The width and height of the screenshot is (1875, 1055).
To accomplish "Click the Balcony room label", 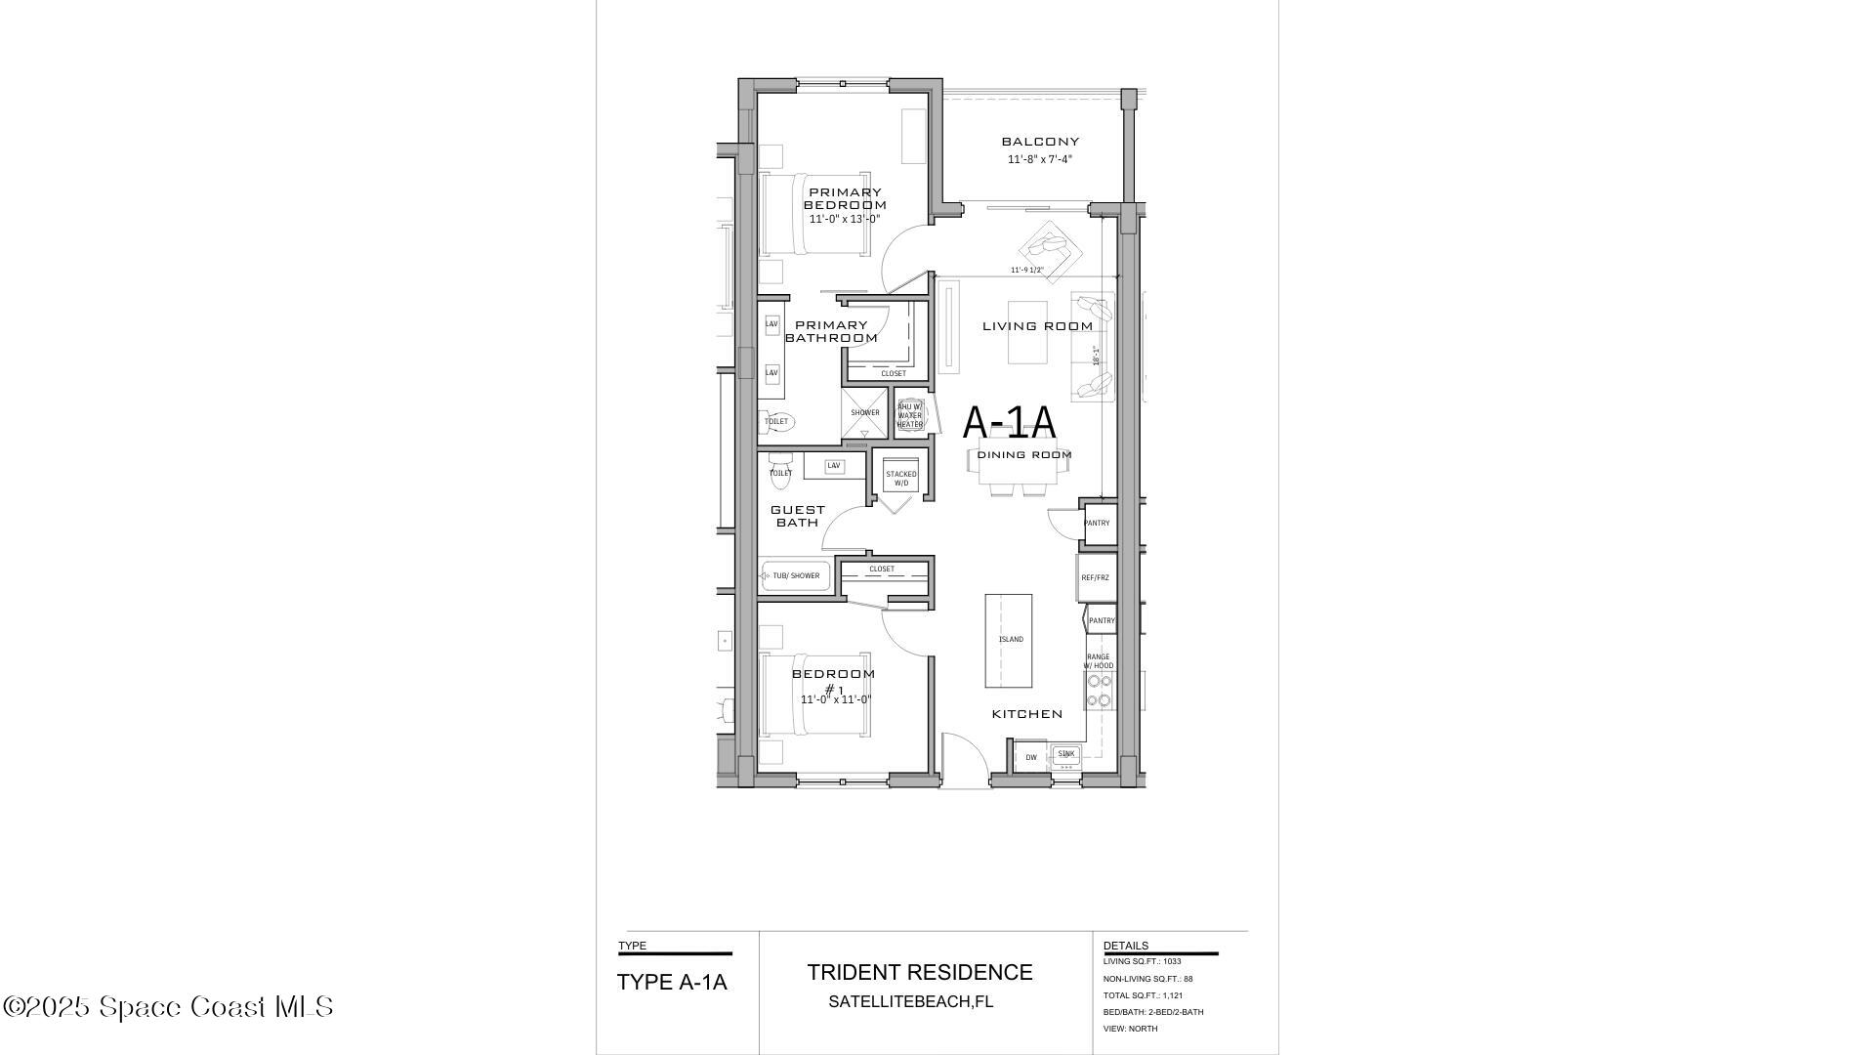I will coord(1040,142).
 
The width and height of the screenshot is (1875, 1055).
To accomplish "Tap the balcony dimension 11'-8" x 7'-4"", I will coord(1040,159).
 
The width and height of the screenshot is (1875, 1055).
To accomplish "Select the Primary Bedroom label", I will coord(845,198).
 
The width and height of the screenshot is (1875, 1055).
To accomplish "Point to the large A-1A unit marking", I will coord(1009,423).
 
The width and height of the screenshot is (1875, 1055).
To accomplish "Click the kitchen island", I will coord(1009,640).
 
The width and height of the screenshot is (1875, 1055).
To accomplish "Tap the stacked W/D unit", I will coord(900,479).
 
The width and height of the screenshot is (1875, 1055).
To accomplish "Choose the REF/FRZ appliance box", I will coord(1095,577).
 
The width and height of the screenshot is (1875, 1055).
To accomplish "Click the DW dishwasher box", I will coord(1030,757).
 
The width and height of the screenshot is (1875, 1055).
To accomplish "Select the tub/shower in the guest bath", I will coord(796,576).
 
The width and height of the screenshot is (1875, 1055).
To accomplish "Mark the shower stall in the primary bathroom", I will coord(865,412).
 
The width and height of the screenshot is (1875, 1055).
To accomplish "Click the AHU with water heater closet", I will coord(909,414).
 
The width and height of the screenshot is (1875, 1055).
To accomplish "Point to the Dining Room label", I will coord(1024,455).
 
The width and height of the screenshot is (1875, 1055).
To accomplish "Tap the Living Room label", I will coord(1037,326).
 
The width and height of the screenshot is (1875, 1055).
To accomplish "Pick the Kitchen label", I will coord(1026,714).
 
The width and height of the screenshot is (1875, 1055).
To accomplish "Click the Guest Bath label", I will coord(798,516).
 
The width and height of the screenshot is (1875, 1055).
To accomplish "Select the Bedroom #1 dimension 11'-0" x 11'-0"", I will coord(835,700).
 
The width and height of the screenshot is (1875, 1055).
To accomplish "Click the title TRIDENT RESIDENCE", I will coord(919,973).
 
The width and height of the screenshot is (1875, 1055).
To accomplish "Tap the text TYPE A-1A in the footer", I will coord(672,983).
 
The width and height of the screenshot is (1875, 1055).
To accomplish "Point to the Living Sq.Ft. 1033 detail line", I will coord(1142,961).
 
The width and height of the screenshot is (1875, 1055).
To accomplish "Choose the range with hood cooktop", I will coord(1099,690).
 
